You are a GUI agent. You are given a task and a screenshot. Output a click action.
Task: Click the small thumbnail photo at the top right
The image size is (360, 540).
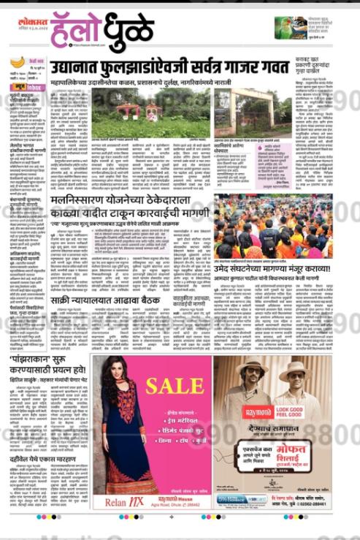(x=291, y=28)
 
